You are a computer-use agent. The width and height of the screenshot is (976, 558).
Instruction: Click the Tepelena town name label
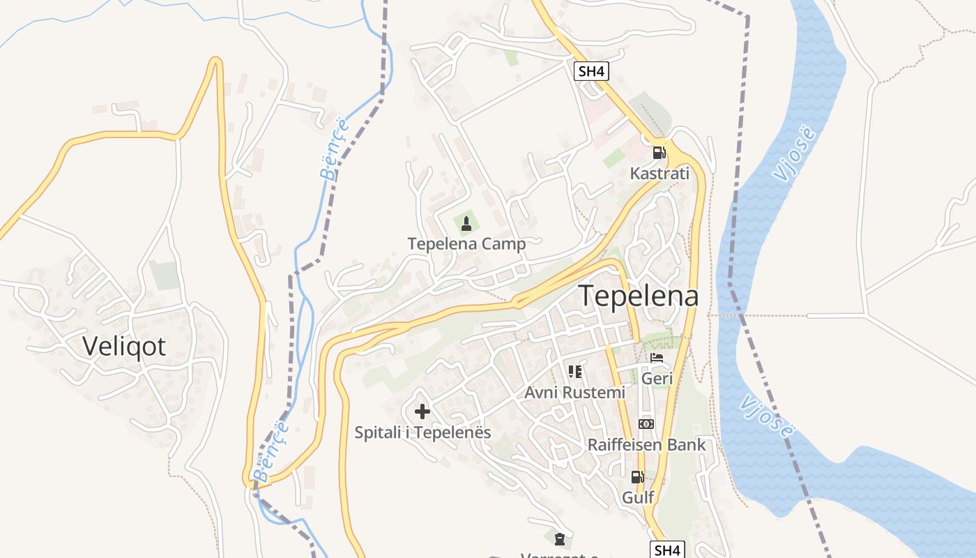638,296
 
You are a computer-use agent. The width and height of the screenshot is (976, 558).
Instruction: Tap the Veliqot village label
124,346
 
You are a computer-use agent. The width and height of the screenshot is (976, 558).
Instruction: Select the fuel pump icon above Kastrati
659,152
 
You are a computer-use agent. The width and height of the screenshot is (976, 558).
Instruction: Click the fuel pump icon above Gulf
637,477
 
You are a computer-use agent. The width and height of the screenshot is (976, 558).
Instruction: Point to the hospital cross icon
422,412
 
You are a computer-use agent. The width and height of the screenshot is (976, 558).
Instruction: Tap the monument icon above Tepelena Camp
466,223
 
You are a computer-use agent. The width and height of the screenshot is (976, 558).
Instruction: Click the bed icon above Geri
657,358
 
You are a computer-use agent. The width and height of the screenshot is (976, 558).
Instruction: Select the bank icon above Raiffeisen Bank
646,424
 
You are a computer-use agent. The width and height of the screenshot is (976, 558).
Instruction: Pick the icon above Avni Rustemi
574,372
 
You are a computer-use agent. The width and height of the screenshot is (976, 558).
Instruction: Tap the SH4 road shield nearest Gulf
667,550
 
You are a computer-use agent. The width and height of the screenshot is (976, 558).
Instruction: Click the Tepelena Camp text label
466,244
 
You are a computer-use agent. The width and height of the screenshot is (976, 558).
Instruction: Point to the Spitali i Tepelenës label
422,432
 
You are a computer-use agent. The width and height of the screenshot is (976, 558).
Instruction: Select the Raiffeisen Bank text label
646,445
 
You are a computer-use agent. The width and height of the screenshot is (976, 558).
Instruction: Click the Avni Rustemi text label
574,393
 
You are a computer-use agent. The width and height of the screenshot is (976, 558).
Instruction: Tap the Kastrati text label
659,174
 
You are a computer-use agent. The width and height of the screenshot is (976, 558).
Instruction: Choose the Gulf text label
637,497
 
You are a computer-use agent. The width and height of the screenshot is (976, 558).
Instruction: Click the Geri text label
657,379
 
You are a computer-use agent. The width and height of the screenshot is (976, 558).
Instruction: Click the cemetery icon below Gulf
559,538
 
